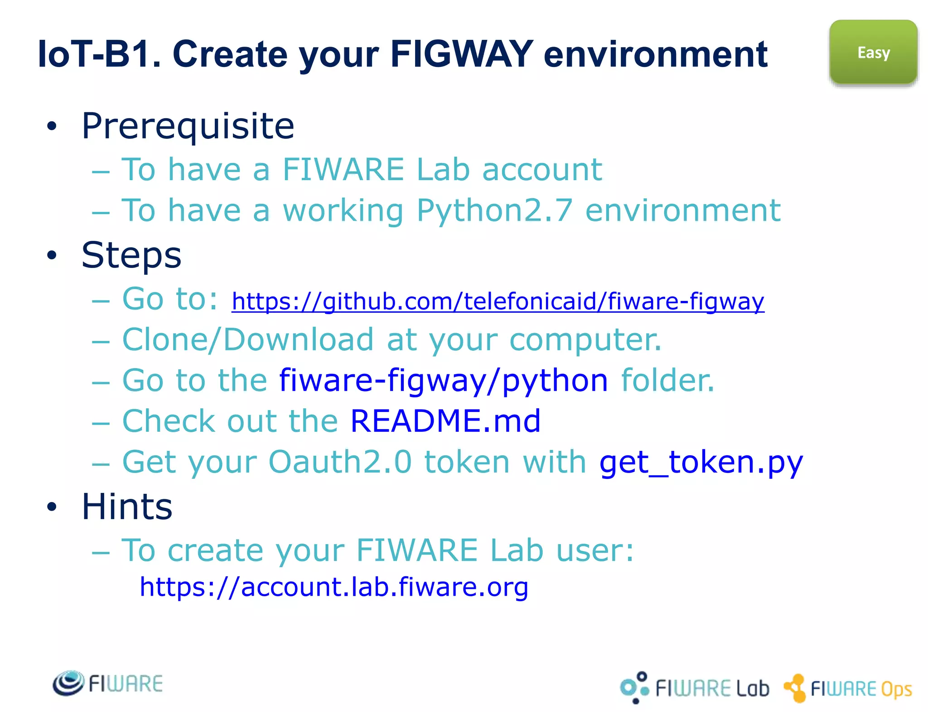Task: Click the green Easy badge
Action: pyautogui.click(x=873, y=52)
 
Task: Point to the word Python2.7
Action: pyautogui.click(x=494, y=210)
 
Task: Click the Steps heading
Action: pyautogui.click(x=131, y=255)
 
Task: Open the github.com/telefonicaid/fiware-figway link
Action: pyautogui.click(x=498, y=301)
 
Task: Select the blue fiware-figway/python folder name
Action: pyautogui.click(x=443, y=380)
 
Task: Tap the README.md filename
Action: pyautogui.click(x=445, y=421)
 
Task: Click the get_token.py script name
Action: pyautogui.click(x=701, y=463)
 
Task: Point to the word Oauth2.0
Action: pyautogui.click(x=340, y=462)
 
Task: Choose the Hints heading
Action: pyautogui.click(x=127, y=507)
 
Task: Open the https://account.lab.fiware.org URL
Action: pyautogui.click(x=334, y=587)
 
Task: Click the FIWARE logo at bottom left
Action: pyautogui.click(x=107, y=683)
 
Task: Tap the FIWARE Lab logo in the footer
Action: pyautogui.click(x=694, y=688)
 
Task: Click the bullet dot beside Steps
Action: pyautogui.click(x=52, y=255)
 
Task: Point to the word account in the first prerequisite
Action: pyautogui.click(x=542, y=170)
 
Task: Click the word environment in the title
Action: pyautogui.click(x=655, y=54)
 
